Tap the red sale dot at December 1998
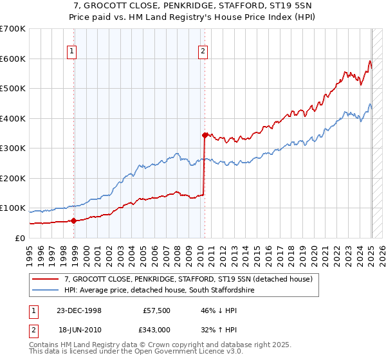(74, 221)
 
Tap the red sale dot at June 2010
(205, 135)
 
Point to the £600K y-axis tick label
(13, 59)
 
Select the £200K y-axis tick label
(13, 178)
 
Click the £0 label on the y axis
(21, 238)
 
